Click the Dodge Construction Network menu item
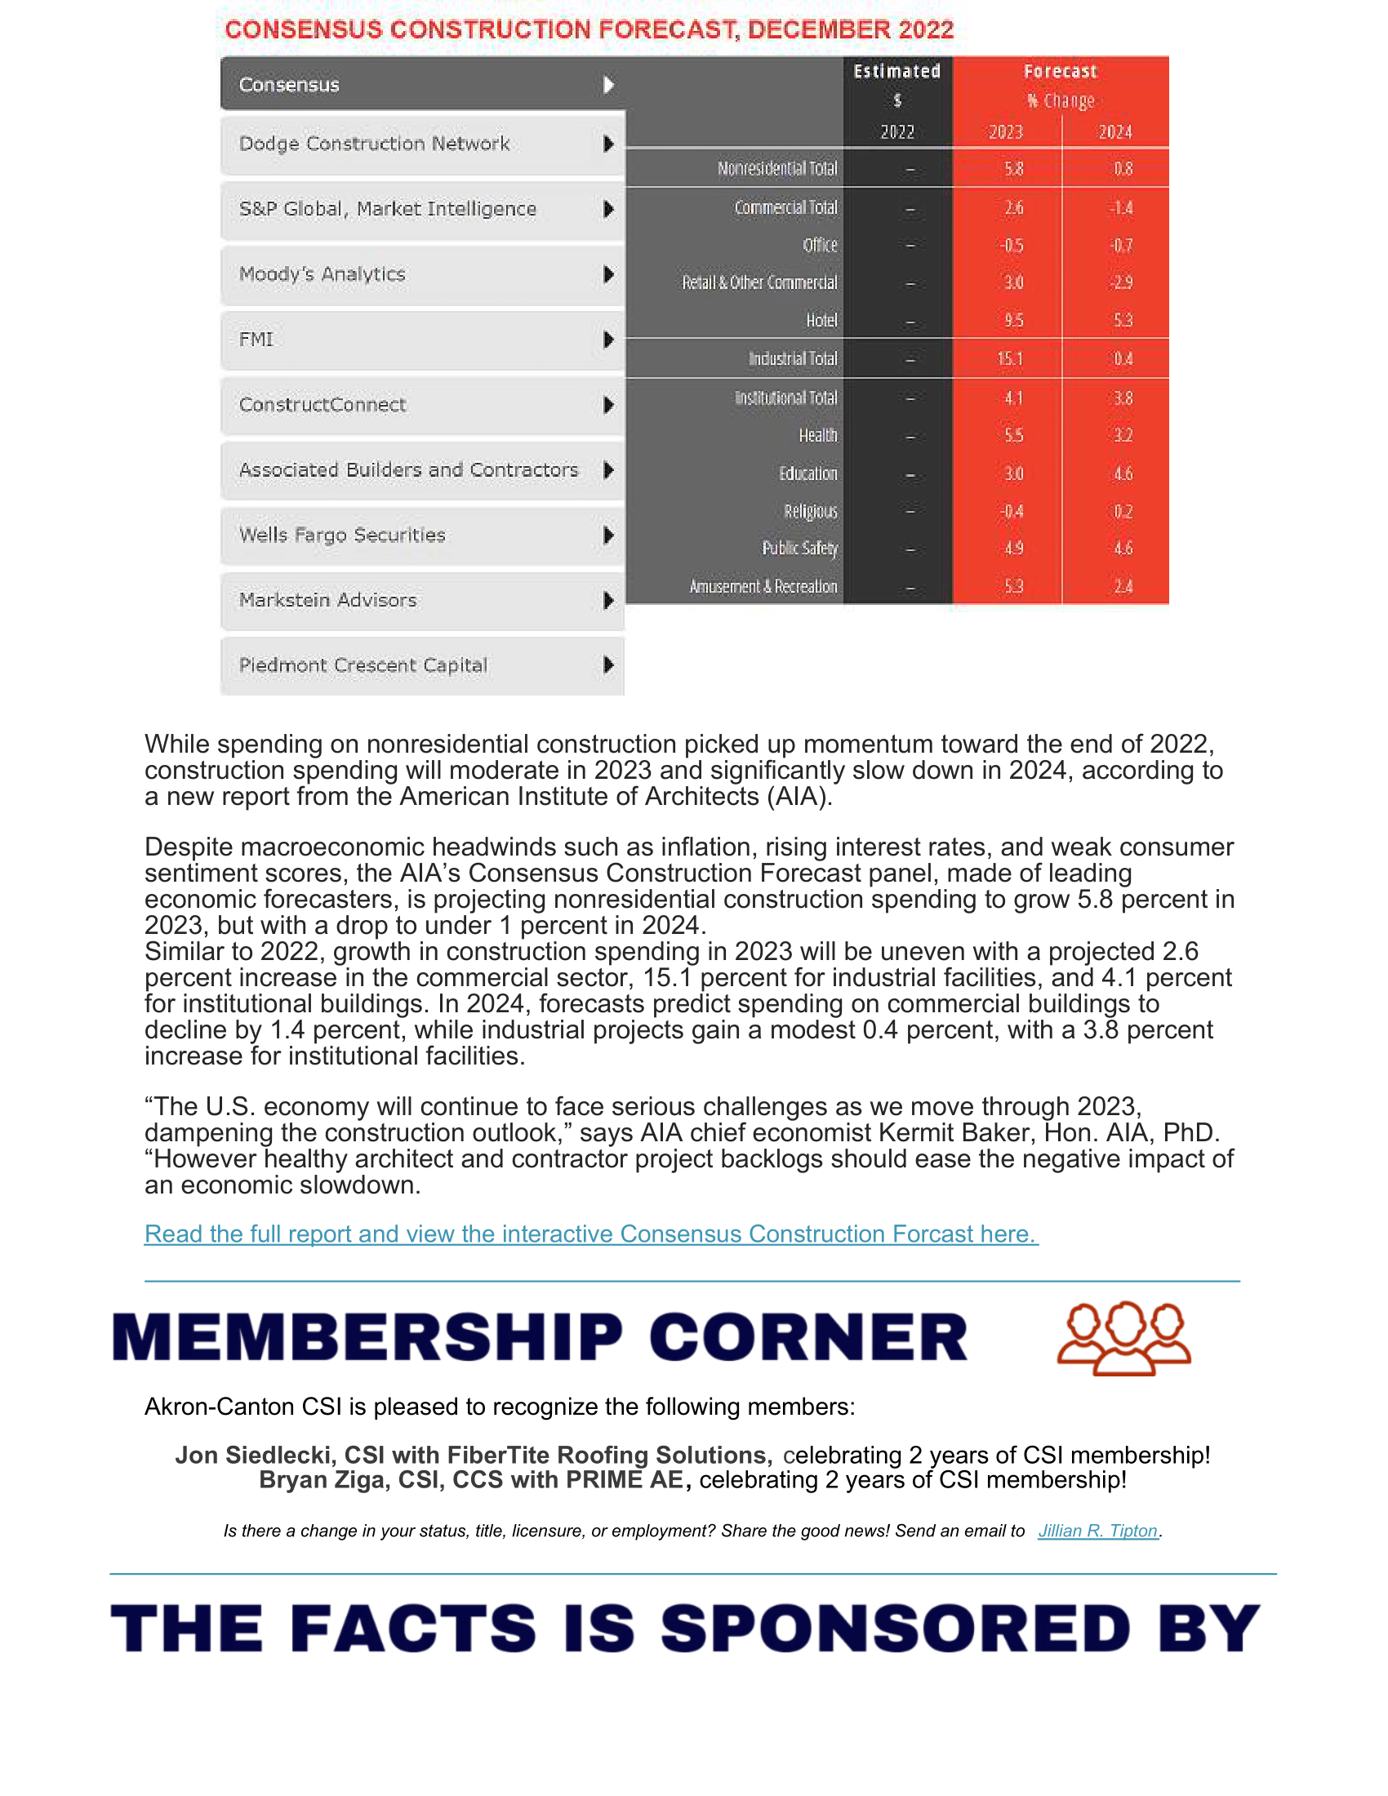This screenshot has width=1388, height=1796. pos(374,144)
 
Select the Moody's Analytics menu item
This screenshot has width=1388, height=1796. pos(323,273)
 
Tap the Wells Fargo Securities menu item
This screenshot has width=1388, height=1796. pos(342,536)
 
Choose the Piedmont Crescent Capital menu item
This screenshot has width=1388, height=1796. pos(363,665)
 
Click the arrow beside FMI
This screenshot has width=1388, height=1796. pos(608,340)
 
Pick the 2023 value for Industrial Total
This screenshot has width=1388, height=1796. pos(1010,359)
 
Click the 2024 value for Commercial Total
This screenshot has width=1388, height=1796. pos(1122,208)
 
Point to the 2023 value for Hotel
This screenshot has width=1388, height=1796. pos(1013,321)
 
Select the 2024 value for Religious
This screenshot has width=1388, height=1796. pos(1123,512)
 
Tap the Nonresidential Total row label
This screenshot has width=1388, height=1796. pos(777,169)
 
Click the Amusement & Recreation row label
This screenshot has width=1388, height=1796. pos(763,587)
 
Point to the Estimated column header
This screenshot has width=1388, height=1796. pos(896,72)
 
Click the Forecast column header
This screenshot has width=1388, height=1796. pos(1060,72)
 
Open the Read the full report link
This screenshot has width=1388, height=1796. pos(590,1234)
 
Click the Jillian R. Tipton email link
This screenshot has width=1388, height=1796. pos(1097,1531)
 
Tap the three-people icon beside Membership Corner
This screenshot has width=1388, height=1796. pos(1123,1337)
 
